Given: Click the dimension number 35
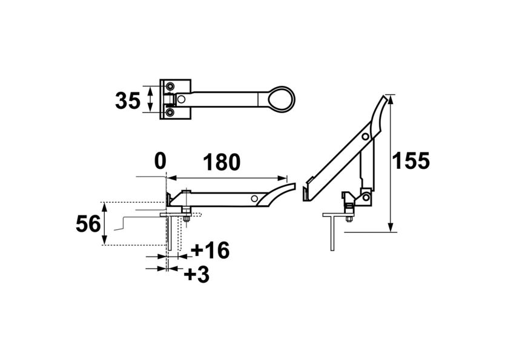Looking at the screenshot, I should (x=127, y=100).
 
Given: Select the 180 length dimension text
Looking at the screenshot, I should (x=221, y=162).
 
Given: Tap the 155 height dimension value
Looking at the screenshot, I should (x=411, y=160).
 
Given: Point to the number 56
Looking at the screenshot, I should (x=88, y=224).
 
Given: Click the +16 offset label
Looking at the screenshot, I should (x=210, y=250).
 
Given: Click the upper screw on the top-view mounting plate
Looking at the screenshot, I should (x=170, y=85).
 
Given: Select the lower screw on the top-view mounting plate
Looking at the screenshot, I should (x=170, y=112).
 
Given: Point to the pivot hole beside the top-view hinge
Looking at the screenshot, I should (x=181, y=99).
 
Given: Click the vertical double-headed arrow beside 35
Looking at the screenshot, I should (x=150, y=99).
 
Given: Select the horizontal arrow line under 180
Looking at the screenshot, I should (x=226, y=178).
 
